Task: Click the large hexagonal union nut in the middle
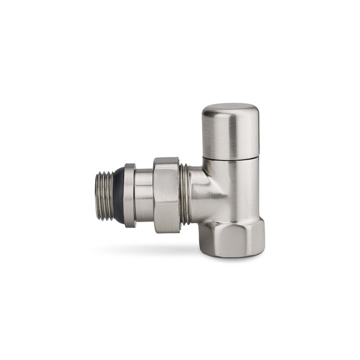(x=166, y=195)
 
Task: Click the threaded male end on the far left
(x=106, y=195)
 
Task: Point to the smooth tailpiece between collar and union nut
(x=144, y=196)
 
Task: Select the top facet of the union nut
(x=166, y=161)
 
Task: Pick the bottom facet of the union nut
(x=166, y=229)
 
